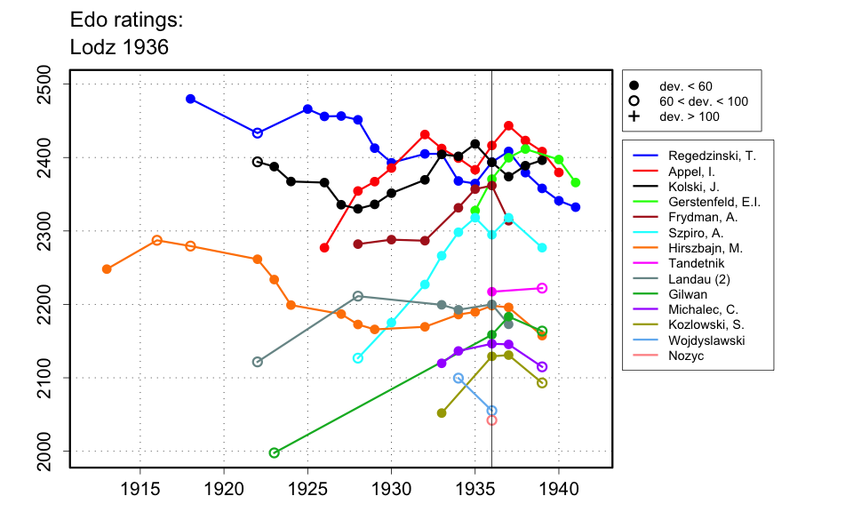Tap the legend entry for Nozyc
685,356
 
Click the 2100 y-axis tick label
45,378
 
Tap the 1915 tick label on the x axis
140,488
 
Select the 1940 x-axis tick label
559,488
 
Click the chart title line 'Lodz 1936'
119,47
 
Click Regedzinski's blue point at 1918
190,99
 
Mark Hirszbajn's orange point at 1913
107,268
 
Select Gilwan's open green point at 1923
274,452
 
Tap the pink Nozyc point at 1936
491,420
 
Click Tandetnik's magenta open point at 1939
542,288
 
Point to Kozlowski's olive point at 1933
442,412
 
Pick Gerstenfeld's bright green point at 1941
576,182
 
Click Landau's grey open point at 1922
258,362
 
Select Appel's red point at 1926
324,248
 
